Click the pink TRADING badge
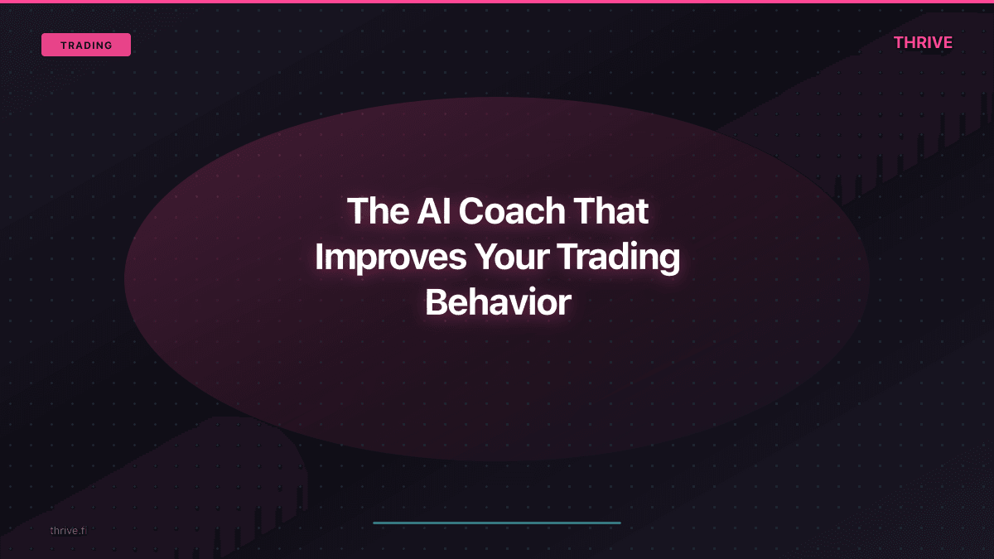(86, 45)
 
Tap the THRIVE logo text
(923, 42)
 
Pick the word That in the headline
(606, 211)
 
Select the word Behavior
(497, 303)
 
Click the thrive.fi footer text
(68, 530)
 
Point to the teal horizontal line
(497, 523)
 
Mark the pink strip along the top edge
(497, 2)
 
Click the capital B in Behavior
(436, 303)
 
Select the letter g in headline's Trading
(668, 262)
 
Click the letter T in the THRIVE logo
(899, 42)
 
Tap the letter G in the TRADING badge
(109, 46)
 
